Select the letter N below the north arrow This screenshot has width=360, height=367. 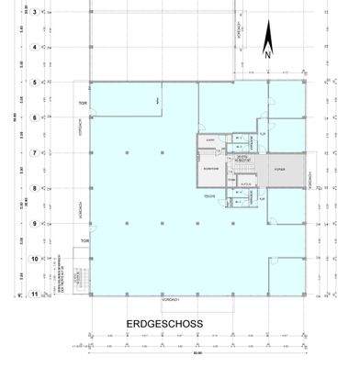(x=267, y=54)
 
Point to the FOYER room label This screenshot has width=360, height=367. (x=280, y=171)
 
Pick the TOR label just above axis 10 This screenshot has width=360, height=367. (x=84, y=242)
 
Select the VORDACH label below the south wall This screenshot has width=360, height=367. (x=169, y=300)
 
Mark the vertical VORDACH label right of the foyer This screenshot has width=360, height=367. (x=312, y=179)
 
